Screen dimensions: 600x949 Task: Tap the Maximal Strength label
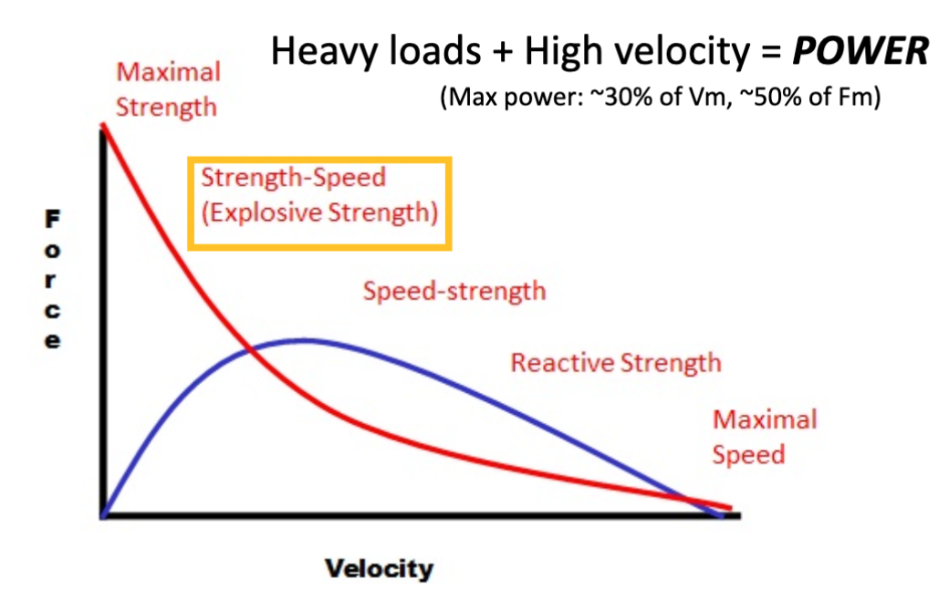click(x=169, y=88)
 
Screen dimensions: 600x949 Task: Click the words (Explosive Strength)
click(x=319, y=213)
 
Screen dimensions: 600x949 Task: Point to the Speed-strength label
click(x=454, y=291)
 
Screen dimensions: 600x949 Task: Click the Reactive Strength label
click(x=615, y=363)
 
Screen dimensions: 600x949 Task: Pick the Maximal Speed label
click(x=764, y=437)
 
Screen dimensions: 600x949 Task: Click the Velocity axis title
click(x=379, y=570)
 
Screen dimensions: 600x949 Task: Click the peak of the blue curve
click(x=303, y=340)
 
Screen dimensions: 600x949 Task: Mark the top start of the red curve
click(x=103, y=124)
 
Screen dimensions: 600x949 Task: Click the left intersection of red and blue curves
click(x=251, y=348)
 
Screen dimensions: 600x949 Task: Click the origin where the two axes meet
click(x=104, y=515)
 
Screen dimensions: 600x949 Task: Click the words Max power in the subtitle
click(x=500, y=98)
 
